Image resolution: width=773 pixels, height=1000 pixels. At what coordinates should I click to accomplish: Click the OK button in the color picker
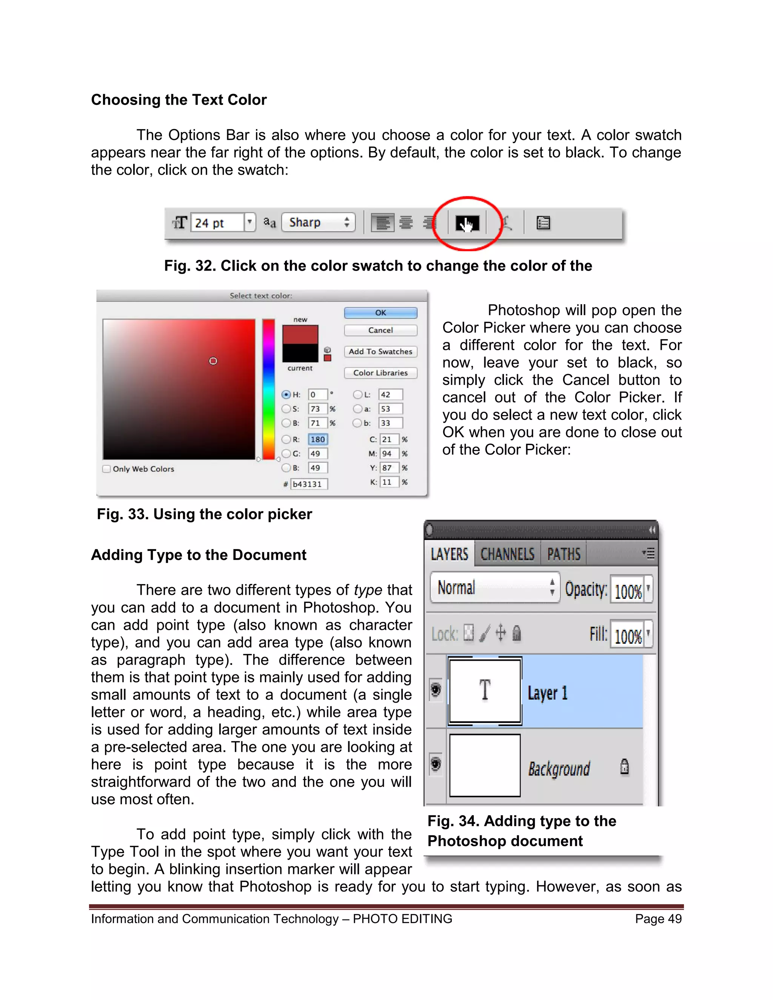380,313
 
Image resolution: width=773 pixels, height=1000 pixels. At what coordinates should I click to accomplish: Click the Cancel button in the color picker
380,330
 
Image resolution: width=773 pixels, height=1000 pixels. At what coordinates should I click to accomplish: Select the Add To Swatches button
380,352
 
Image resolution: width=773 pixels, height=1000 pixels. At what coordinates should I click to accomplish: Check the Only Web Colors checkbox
107,469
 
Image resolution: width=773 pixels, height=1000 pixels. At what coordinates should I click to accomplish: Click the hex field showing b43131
310,484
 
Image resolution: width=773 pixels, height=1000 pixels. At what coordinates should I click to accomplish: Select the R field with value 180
317,440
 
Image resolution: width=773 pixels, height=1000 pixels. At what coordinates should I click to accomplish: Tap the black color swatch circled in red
467,223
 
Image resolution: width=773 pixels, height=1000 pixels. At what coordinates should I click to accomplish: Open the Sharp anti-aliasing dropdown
318,223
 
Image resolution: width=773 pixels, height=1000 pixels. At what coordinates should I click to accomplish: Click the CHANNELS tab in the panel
507,554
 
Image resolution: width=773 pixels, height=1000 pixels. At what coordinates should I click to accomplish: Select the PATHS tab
564,554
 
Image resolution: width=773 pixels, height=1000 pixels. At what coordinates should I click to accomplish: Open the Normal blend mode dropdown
494,588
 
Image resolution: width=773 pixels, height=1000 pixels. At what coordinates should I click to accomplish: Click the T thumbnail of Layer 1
485,691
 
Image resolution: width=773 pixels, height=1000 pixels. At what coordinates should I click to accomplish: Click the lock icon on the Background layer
624,766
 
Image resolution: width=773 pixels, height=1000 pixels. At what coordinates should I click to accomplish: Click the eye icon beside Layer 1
436,689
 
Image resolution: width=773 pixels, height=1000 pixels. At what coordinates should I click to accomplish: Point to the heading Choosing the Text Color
179,100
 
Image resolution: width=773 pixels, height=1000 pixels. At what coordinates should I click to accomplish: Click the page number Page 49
658,918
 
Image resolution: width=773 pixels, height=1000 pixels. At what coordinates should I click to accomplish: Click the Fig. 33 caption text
204,514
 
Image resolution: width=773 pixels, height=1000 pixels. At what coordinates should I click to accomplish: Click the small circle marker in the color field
213,361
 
